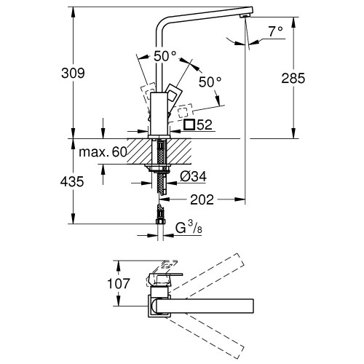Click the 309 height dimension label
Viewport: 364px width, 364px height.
[x=72, y=74]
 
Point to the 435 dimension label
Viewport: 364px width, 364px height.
[x=72, y=182]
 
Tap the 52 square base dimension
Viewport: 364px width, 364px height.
[x=204, y=125]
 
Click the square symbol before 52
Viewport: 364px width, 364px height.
[x=189, y=125]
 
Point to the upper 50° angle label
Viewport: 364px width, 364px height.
[x=165, y=56]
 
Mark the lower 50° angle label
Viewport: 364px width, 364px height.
[x=207, y=82]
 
